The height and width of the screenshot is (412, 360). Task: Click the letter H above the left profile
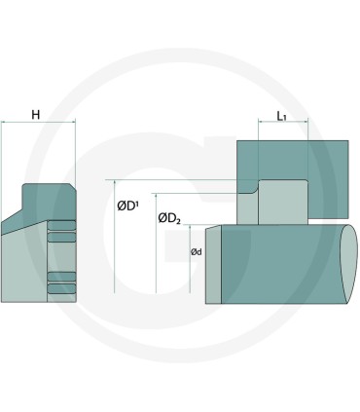click(x=36, y=115)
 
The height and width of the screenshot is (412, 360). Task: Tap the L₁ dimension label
click(x=281, y=116)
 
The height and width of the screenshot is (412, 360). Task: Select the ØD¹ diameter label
click(x=126, y=206)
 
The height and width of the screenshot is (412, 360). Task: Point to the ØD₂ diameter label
click(x=169, y=218)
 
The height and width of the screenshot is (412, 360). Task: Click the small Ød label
click(x=197, y=251)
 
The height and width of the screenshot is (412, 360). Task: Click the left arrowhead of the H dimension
click(x=3, y=122)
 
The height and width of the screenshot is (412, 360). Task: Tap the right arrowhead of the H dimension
click(x=73, y=122)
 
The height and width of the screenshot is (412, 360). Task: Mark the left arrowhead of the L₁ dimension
click(x=261, y=122)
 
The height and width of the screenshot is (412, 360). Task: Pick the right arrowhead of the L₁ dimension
click(x=306, y=122)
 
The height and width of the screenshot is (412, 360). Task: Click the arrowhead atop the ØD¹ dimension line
click(x=115, y=182)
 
